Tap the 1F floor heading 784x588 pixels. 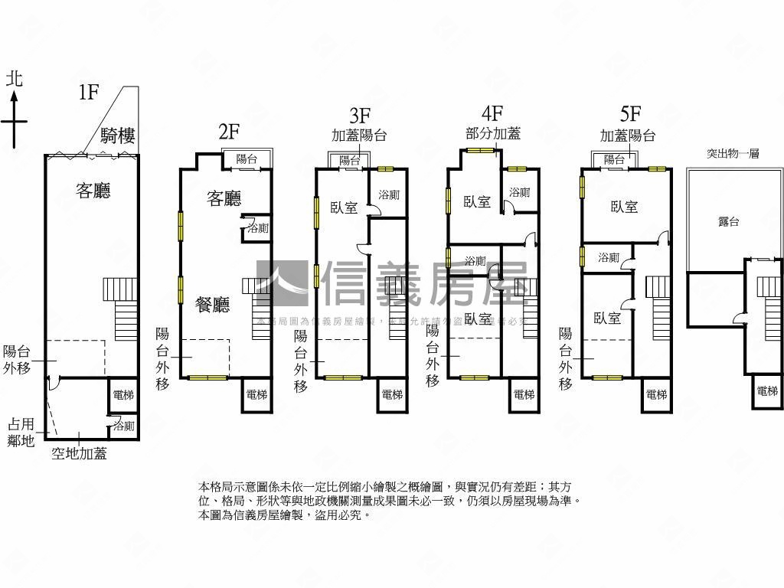click(89, 93)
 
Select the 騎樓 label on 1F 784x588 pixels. click(118, 137)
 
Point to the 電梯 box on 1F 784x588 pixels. click(122, 396)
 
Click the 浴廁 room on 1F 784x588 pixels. click(123, 426)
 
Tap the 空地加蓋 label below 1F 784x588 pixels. click(79, 453)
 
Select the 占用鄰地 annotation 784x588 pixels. click(21, 432)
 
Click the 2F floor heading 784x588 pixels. click(228, 132)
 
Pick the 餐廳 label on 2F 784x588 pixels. click(212, 305)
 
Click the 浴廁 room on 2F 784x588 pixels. click(257, 228)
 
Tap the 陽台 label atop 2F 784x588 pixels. click(247, 159)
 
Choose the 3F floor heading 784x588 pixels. click(360, 116)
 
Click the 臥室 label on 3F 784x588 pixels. click(344, 207)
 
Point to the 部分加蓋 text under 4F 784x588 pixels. click(493, 133)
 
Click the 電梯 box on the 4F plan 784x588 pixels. click(524, 395)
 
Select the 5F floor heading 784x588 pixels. click(629, 115)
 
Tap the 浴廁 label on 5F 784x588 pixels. click(609, 258)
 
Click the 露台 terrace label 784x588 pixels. click(729, 221)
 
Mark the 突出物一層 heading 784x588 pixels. click(732, 153)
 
